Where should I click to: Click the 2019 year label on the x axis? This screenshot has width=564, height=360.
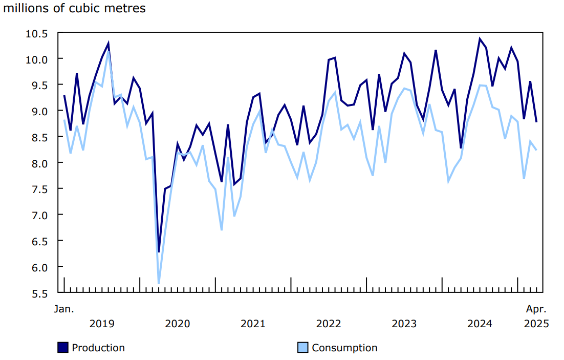point(102,324)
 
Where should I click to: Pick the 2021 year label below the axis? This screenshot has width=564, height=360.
point(253,324)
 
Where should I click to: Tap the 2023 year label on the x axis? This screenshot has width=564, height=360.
point(404,324)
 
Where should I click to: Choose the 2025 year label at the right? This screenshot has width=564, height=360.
point(536,324)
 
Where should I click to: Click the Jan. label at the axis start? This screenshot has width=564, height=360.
point(64,309)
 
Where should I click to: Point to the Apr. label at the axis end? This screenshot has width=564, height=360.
point(536,309)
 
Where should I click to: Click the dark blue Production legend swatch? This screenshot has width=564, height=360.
point(62,348)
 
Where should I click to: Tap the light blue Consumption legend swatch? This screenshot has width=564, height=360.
point(303,348)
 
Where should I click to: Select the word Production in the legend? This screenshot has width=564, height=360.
point(98,348)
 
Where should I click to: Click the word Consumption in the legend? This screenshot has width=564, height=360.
point(344,348)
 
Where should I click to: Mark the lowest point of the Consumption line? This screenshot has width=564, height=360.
point(159,283)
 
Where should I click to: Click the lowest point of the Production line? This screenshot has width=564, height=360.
point(159,251)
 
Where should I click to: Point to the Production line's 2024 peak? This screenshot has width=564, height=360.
point(480,39)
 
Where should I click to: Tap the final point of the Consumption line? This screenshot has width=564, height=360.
point(536,150)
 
